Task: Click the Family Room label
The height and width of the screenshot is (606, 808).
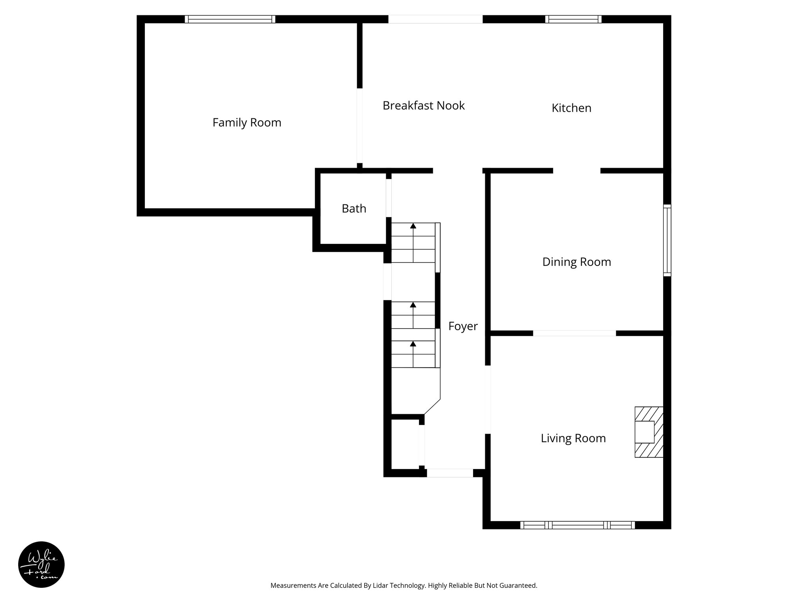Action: [x=247, y=123]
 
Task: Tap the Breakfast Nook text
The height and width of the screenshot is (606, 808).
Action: [x=423, y=106]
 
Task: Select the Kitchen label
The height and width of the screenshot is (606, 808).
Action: [x=571, y=108]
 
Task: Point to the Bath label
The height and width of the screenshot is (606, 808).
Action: [x=353, y=208]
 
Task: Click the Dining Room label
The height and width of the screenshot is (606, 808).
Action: [x=576, y=262]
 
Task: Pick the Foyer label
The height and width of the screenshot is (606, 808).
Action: [x=463, y=326]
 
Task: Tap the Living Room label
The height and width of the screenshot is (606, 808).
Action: [x=573, y=438]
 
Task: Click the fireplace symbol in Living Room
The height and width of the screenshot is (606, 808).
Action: [x=648, y=432]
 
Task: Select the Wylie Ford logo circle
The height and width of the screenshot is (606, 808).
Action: [x=41, y=564]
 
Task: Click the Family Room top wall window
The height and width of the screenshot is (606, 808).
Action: [x=230, y=19]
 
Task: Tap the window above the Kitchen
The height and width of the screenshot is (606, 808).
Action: [x=573, y=19]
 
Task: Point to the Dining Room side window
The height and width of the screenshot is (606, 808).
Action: [x=667, y=240]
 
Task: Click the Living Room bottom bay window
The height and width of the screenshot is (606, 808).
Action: [x=577, y=525]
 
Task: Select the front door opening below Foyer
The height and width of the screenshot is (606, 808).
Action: [x=450, y=473]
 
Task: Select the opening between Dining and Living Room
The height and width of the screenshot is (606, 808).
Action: [x=574, y=333]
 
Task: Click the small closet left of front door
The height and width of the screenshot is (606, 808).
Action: [x=405, y=444]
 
